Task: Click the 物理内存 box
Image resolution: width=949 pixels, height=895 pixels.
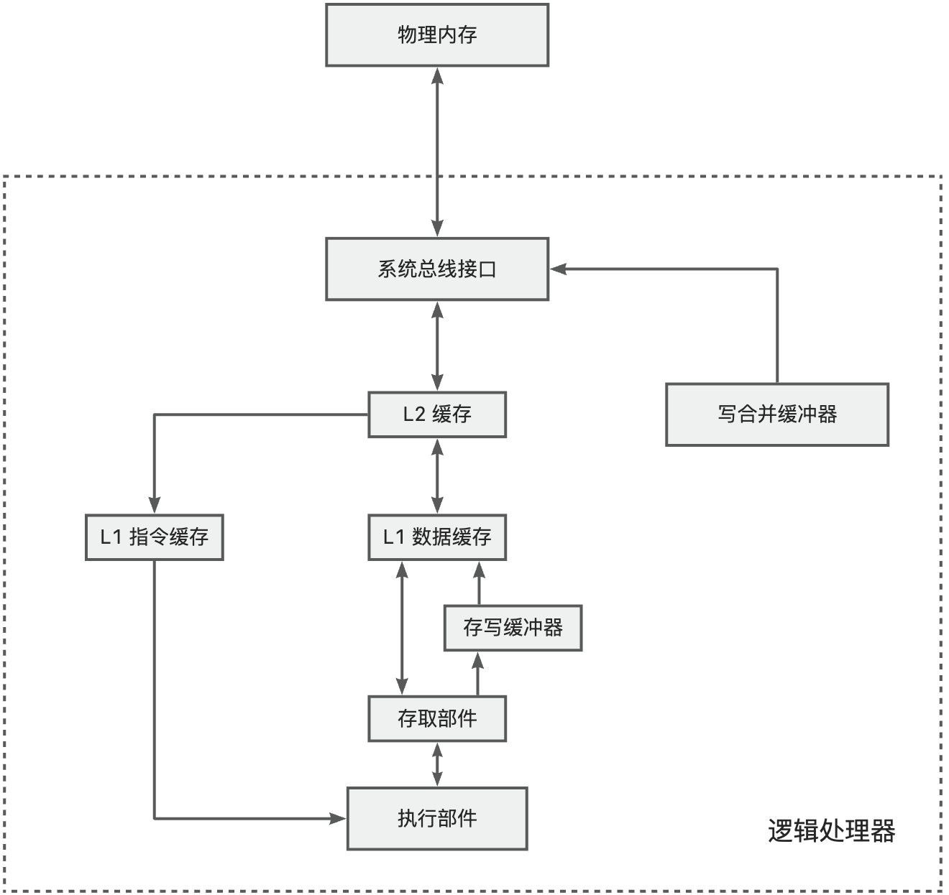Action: click(x=437, y=35)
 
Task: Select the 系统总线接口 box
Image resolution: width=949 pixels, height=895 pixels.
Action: click(x=437, y=269)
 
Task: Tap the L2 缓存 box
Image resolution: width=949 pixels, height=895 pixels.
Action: click(x=437, y=414)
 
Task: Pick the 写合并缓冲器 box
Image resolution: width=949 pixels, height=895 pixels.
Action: click(x=777, y=414)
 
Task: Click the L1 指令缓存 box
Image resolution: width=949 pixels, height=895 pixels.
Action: click(x=155, y=537)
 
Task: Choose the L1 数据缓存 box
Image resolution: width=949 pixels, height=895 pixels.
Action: click(x=437, y=537)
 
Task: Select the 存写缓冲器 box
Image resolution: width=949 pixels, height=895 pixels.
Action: click(x=513, y=628)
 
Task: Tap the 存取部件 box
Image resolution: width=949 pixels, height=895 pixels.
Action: click(x=437, y=718)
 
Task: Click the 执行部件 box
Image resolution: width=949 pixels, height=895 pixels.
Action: click(x=437, y=818)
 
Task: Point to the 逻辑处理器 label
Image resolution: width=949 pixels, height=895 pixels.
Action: click(x=831, y=831)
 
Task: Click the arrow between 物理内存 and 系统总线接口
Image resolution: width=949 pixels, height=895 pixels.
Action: click(x=437, y=152)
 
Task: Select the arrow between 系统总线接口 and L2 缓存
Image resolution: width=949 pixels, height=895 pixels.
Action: click(x=437, y=346)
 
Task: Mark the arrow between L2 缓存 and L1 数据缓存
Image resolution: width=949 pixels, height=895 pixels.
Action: click(x=437, y=476)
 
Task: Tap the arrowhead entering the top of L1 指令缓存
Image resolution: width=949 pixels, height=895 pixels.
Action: click(x=155, y=506)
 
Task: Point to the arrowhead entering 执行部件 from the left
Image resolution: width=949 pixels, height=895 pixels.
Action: click(x=339, y=818)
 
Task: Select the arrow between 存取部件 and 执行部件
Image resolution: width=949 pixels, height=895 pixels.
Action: click(x=437, y=764)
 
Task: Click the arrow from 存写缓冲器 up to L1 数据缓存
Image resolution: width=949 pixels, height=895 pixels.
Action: click(x=480, y=583)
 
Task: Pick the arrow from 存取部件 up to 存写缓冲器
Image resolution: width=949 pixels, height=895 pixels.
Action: click(x=480, y=673)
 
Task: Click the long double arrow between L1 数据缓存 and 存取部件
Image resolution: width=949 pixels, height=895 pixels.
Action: click(x=402, y=628)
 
